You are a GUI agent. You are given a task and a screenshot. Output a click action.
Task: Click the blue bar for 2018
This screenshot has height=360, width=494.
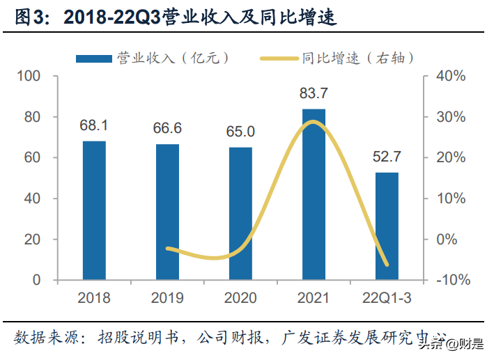[94, 210]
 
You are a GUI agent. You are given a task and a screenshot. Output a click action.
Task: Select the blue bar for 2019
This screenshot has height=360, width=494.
[167, 212]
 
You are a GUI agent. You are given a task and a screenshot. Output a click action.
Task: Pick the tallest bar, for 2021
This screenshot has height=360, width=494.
[314, 194]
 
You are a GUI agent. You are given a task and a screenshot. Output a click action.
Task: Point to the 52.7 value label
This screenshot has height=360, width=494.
[387, 158]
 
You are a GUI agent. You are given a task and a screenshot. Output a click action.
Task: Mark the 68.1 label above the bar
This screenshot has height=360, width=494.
[94, 127]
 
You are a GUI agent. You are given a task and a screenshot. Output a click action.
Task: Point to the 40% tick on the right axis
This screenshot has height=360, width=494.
[449, 76]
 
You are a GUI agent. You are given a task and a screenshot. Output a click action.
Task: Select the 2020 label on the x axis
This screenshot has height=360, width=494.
[240, 299]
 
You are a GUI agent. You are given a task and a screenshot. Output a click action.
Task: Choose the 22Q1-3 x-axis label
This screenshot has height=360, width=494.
[387, 299]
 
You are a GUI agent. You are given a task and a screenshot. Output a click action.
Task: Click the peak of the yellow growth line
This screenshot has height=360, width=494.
[314, 123]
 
